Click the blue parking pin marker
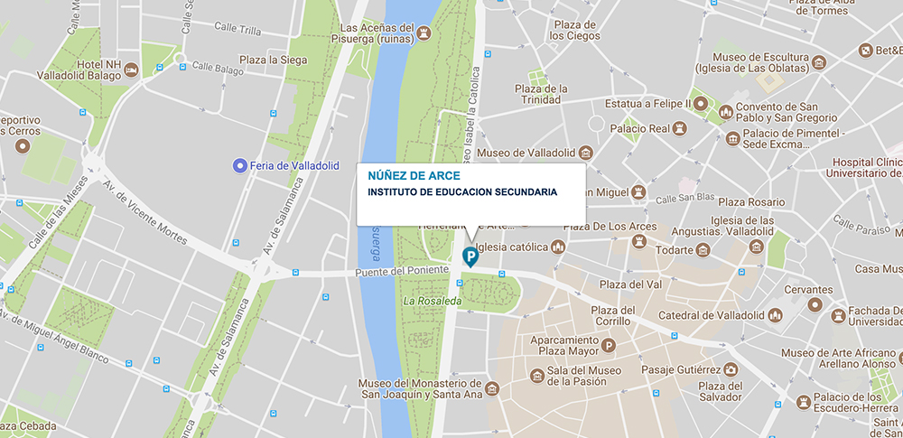click(470, 256)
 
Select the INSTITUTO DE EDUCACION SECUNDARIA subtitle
click(462, 191)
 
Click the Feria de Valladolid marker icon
click(238, 164)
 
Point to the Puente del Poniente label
click(404, 270)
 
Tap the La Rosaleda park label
click(433, 301)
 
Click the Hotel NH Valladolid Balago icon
click(131, 70)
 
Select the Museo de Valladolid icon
click(585, 152)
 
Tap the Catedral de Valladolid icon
click(774, 315)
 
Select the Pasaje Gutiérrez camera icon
click(730, 369)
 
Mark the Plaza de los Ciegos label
click(574, 30)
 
